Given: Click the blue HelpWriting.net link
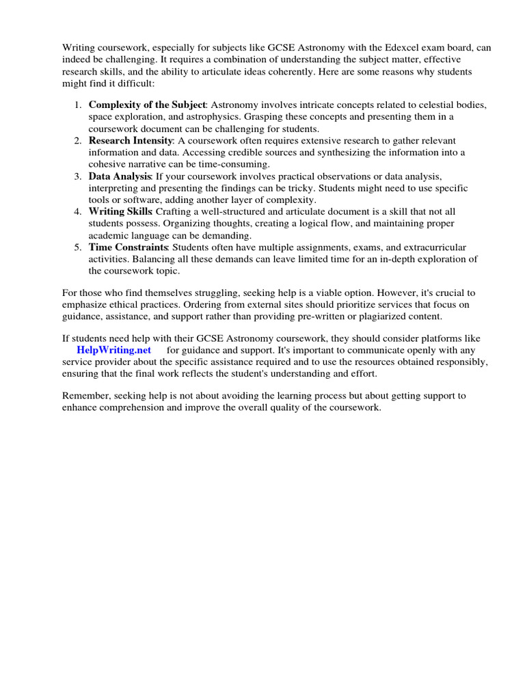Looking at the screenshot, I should pos(113,350).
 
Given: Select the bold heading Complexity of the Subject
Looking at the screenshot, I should pos(146,105).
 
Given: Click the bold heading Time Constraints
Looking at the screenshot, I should pos(128,247).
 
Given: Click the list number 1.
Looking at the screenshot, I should pos(77,105).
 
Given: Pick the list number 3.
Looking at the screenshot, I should pos(77,176).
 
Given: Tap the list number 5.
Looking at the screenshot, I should pos(77,247).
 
